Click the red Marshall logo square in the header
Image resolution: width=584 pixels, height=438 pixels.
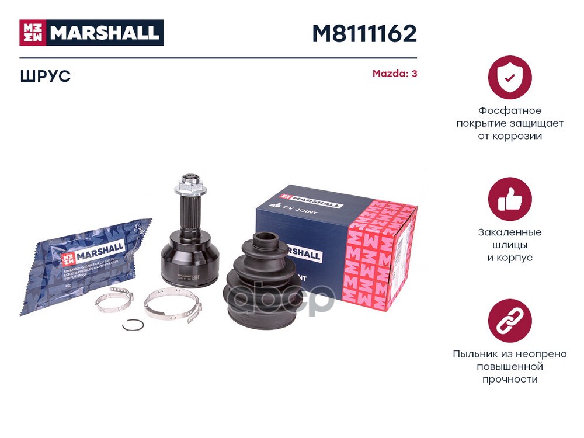pos(33,33)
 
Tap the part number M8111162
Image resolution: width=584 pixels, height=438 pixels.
pos(364,34)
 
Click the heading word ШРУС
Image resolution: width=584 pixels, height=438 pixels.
pos(45,76)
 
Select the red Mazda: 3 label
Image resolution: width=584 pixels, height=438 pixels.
pos(395,74)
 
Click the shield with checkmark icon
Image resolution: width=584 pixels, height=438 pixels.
pos(510,77)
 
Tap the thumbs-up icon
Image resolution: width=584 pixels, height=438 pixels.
pos(510,199)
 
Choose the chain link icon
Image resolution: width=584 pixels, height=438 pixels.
pos(510,321)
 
